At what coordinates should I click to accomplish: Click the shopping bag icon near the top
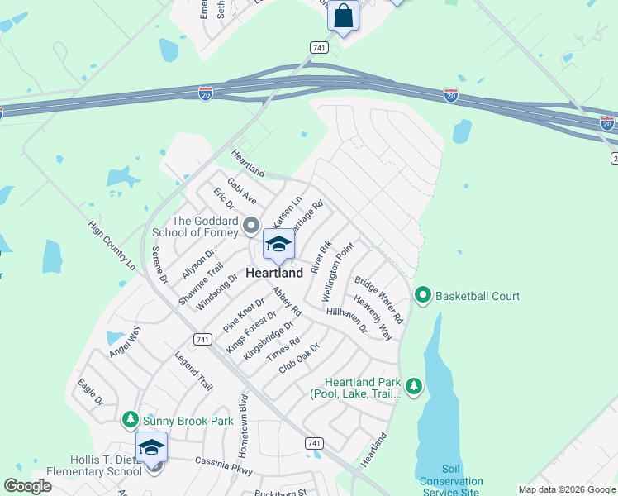tap(343, 16)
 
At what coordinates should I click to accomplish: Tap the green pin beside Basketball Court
tap(423, 294)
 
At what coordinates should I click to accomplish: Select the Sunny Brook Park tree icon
tap(131, 420)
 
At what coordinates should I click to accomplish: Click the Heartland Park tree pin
tap(413, 385)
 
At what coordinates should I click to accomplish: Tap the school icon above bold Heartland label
tap(278, 245)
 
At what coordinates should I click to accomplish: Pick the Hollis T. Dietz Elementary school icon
tap(151, 448)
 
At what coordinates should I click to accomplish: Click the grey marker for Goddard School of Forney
tap(251, 223)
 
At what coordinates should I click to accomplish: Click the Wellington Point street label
tap(338, 271)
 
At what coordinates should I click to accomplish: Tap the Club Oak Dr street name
tap(299, 357)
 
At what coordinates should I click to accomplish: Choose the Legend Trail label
tap(193, 371)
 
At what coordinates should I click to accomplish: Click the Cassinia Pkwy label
tap(223, 465)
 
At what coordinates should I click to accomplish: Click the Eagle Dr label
tap(90, 391)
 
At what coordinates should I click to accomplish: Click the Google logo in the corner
tap(27, 486)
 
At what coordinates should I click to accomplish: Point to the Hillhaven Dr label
tap(347, 319)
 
